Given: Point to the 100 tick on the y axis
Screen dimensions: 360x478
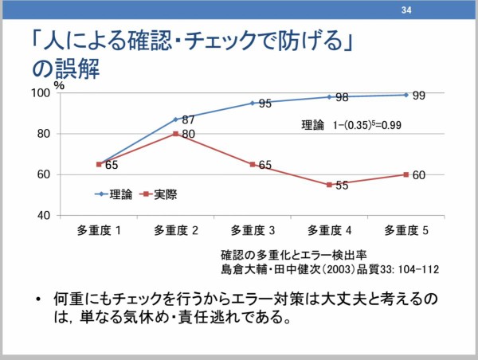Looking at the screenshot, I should pyautogui.click(x=41, y=93).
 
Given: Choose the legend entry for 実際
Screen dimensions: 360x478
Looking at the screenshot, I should pyautogui.click(x=158, y=194).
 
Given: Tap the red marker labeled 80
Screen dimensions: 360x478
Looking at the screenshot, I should pyautogui.click(x=175, y=134).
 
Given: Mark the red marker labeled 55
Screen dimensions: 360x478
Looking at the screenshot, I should pyautogui.click(x=329, y=185).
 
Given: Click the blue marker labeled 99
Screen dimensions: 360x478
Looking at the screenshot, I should pyautogui.click(x=406, y=95).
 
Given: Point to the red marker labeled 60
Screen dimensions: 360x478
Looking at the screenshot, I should pyautogui.click(x=406, y=174).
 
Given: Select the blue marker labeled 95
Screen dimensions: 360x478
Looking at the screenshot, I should pyautogui.click(x=253, y=103).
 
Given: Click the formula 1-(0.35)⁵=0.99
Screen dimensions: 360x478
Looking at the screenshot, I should pyautogui.click(x=367, y=125).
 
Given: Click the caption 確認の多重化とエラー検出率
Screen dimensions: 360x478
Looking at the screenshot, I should pyautogui.click(x=292, y=255).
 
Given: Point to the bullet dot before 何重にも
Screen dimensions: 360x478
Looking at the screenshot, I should pyautogui.click(x=37, y=299).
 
